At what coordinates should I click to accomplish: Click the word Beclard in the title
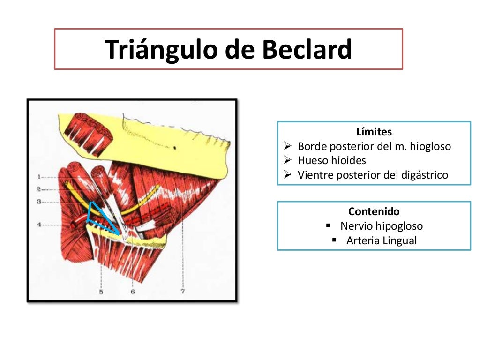pos(307,50)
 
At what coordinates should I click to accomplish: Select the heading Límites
pos(374,132)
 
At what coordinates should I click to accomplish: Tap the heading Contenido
pos(374,211)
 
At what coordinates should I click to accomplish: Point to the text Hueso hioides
pos(332,160)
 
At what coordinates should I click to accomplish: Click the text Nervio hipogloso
pos(382,226)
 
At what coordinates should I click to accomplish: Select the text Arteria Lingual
pos(382,240)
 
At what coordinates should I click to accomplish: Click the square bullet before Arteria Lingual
pos(334,240)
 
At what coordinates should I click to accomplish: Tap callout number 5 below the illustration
pos(101,292)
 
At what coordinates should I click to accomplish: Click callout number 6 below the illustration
pos(133,292)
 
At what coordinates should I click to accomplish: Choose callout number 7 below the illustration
pos(182,292)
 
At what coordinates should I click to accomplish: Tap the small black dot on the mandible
pos(174,148)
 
